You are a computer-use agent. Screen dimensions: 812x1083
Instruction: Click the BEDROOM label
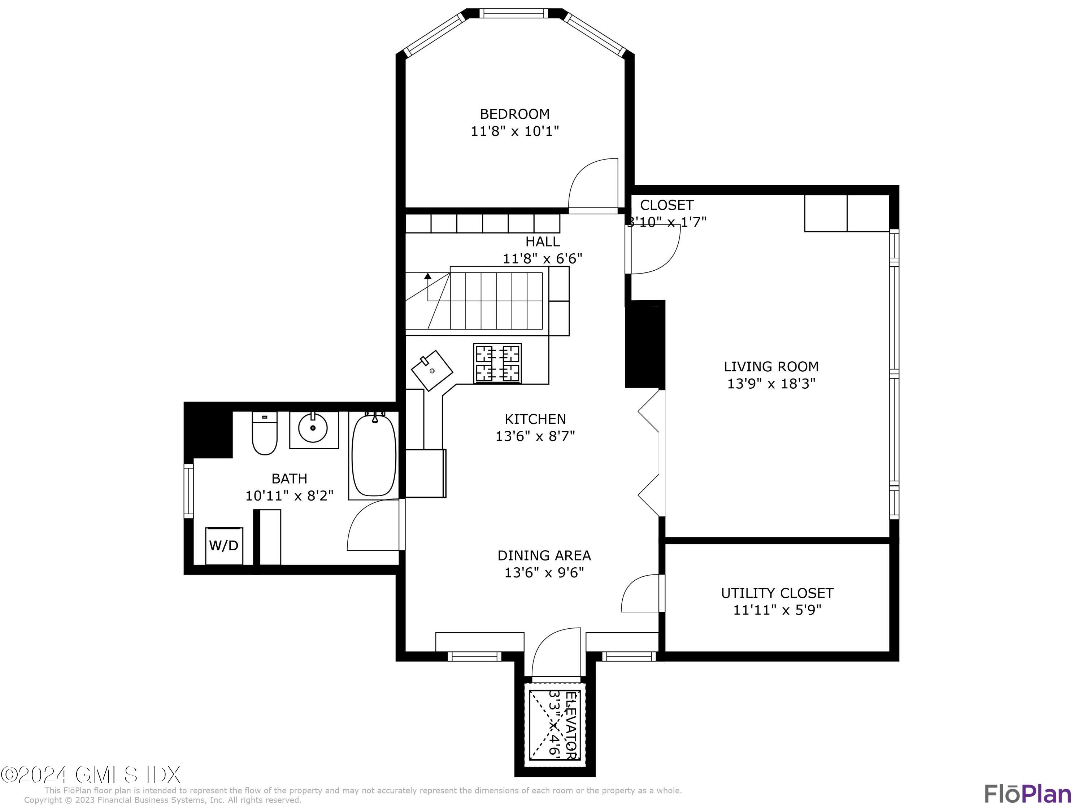point(514,114)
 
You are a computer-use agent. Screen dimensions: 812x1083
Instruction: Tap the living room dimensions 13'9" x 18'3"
point(771,383)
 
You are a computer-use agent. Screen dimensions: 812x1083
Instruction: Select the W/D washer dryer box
point(224,545)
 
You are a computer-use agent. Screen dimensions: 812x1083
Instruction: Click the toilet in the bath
point(264,434)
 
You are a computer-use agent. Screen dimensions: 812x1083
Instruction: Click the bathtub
point(374,455)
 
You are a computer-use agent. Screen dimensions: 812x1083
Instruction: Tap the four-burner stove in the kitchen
point(497,363)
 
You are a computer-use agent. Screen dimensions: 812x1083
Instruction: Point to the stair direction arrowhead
point(427,276)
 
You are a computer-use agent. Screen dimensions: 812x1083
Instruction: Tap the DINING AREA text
point(544,555)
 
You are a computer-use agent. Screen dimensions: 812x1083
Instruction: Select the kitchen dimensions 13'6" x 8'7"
point(535,436)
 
